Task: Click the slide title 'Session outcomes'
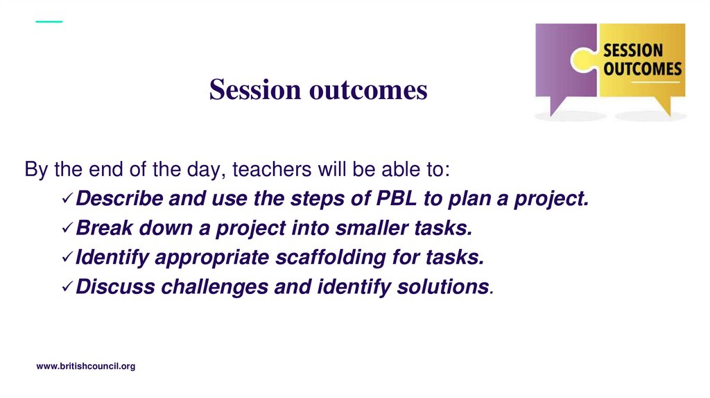[x=318, y=89]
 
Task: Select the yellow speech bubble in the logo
[x=641, y=66]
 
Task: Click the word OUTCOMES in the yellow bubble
[x=642, y=69]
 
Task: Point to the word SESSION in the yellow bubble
[x=633, y=51]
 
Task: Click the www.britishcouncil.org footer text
[x=85, y=366]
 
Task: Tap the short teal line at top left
[x=49, y=21]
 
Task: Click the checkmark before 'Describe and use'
[x=67, y=199]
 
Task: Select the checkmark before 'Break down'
[x=67, y=228]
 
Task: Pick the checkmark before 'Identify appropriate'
[x=67, y=258]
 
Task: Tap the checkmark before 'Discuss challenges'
[x=67, y=287]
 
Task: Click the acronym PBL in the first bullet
[x=397, y=199]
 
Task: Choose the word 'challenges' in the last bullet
[x=216, y=287]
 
